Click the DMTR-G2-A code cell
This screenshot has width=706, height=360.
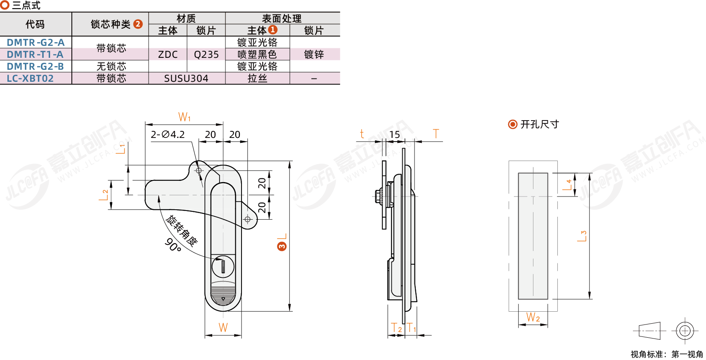point(36,42)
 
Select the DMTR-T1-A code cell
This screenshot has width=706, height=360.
point(36,54)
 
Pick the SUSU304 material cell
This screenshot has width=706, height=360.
point(186,78)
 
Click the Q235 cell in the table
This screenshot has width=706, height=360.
point(206,54)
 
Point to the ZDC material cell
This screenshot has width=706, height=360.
point(168,54)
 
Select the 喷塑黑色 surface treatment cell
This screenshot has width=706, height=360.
point(257,54)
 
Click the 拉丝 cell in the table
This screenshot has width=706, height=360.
point(257,78)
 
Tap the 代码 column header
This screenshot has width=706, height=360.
point(35,24)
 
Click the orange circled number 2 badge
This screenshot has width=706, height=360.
point(138,24)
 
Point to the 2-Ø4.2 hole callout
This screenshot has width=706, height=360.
point(168,135)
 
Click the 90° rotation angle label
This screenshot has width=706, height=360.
point(173,245)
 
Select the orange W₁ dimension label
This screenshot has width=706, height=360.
point(185,117)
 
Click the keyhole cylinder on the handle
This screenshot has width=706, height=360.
point(223,267)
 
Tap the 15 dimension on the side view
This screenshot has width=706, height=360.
point(394,135)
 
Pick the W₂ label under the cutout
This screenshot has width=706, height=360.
point(533,317)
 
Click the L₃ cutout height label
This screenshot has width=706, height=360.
point(582,236)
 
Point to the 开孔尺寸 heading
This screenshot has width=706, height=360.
point(540,124)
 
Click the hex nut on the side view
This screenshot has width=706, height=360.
point(378,196)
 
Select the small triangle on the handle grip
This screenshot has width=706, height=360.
point(223,299)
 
